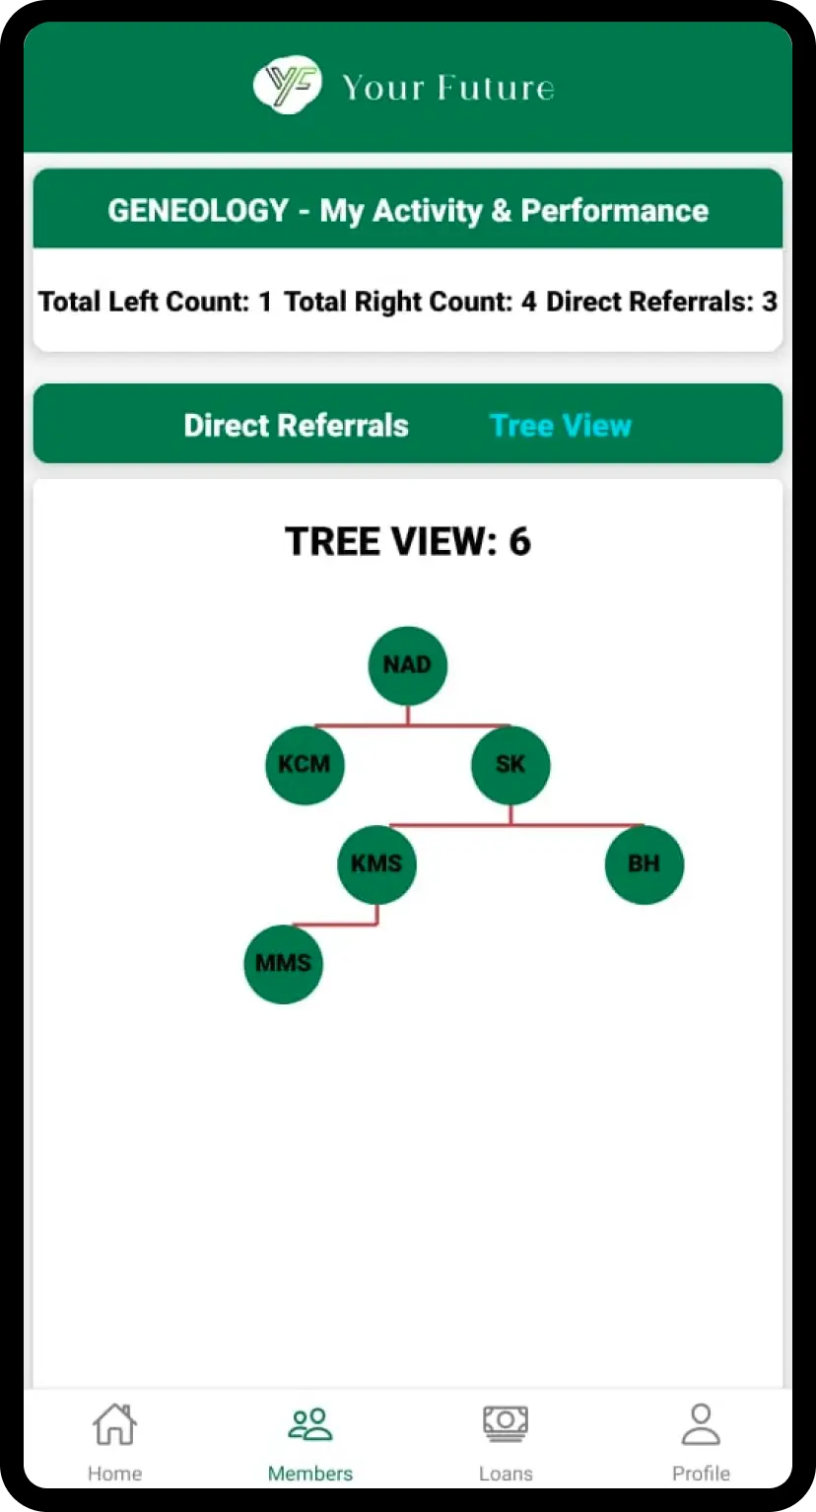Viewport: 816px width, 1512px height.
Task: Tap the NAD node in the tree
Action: click(407, 665)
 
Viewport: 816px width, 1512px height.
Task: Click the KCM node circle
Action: click(305, 765)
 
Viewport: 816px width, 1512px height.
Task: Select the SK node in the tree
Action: click(510, 765)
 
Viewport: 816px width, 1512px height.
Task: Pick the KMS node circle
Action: click(376, 864)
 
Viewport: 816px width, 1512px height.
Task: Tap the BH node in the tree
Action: click(644, 864)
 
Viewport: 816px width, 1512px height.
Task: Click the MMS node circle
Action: click(284, 964)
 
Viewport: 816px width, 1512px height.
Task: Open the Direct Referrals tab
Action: click(296, 426)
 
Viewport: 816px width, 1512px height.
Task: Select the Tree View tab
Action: click(560, 426)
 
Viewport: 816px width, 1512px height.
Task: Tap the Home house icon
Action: click(114, 1424)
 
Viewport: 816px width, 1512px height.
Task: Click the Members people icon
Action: click(310, 1424)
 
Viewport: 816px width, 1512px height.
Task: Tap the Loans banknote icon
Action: click(506, 1424)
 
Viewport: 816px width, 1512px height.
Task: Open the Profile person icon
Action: click(701, 1424)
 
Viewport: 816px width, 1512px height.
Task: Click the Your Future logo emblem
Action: click(287, 86)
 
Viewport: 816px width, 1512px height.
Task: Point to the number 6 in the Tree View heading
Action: click(519, 542)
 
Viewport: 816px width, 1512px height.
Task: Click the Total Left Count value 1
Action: click(264, 302)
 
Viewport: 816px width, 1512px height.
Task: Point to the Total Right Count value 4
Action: click(528, 302)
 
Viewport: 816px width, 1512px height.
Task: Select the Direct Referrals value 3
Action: click(770, 302)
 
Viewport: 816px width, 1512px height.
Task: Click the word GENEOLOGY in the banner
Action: click(198, 211)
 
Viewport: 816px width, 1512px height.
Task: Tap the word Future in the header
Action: click(495, 88)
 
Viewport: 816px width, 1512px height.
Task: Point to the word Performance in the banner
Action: click(614, 211)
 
